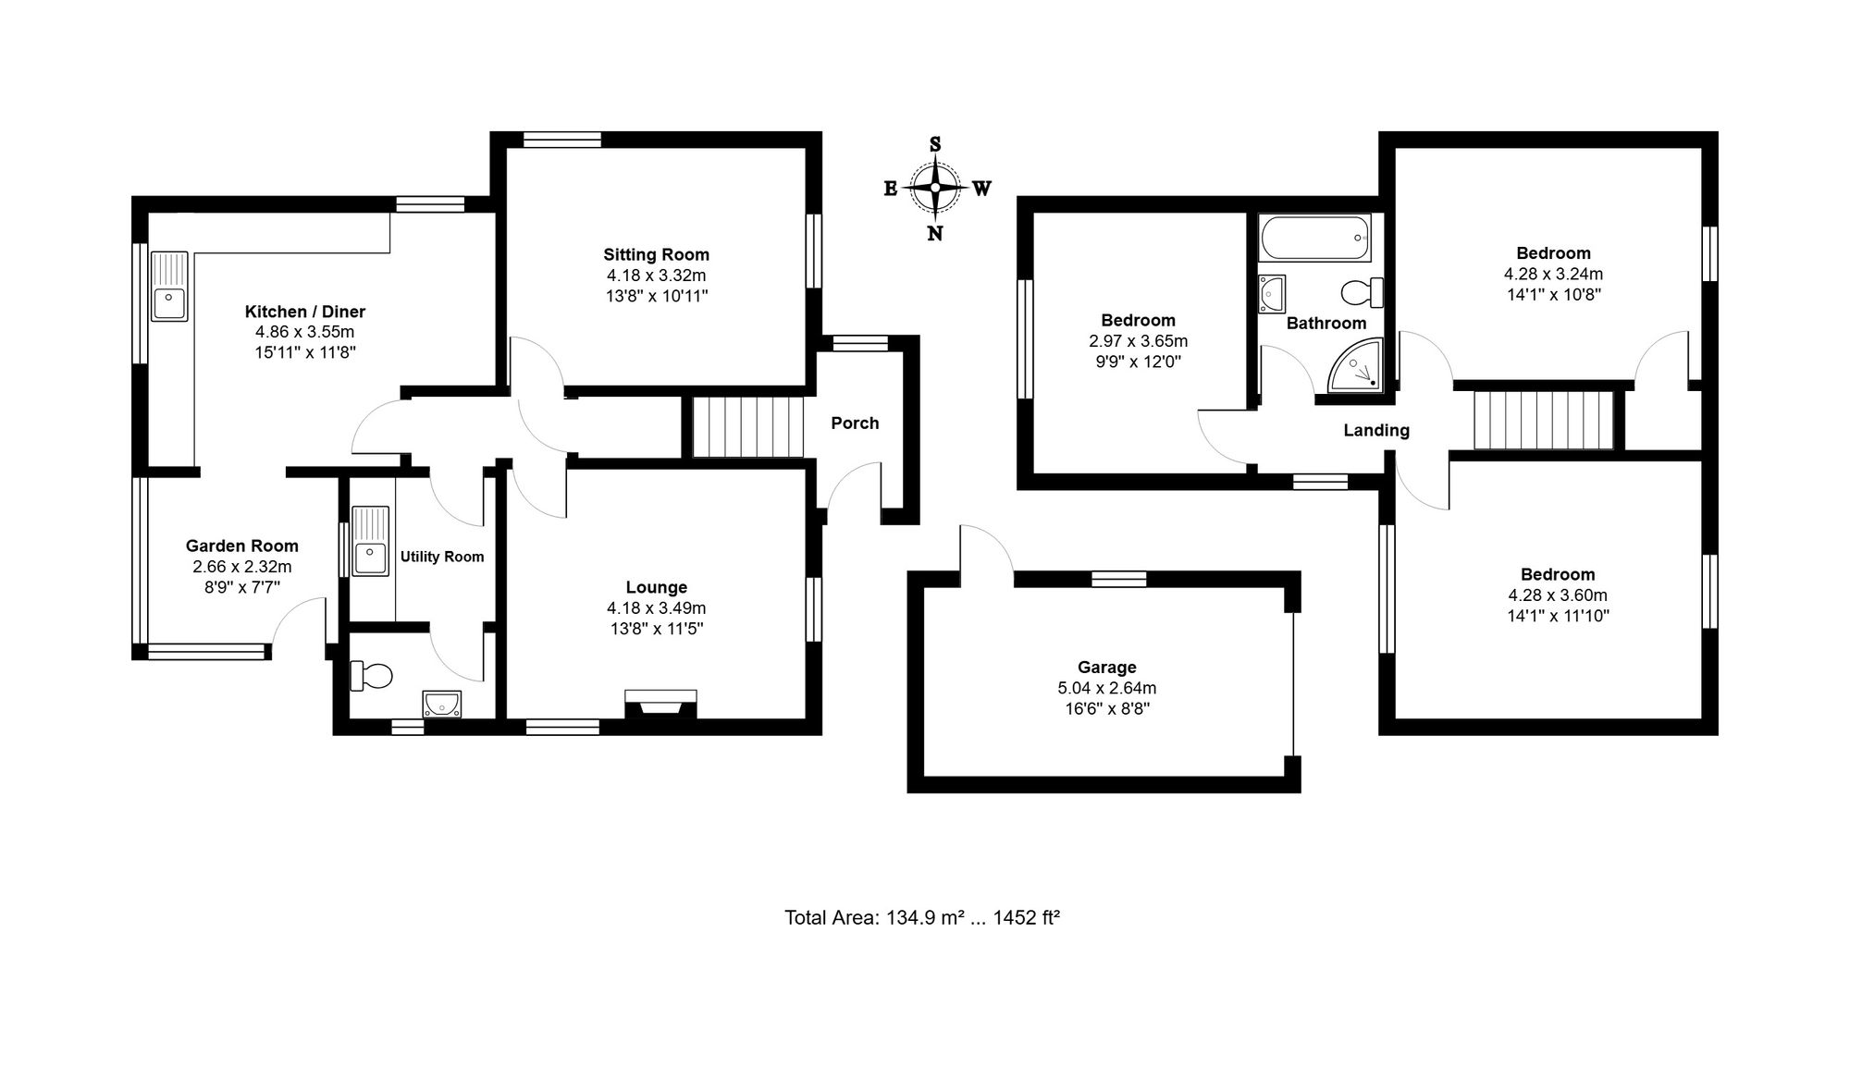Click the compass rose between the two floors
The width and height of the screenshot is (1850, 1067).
pyautogui.click(x=935, y=188)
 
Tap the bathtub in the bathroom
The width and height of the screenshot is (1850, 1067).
pyautogui.click(x=1314, y=239)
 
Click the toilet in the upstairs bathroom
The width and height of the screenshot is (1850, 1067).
pyautogui.click(x=1363, y=293)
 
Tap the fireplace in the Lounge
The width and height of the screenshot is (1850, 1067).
pyautogui.click(x=660, y=704)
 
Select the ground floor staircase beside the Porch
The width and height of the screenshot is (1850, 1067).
pyautogui.click(x=747, y=427)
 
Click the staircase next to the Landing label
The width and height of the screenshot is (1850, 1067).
pyautogui.click(x=1544, y=421)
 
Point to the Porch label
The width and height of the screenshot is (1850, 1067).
pyautogui.click(x=855, y=423)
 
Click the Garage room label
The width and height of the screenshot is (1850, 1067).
pyautogui.click(x=1107, y=667)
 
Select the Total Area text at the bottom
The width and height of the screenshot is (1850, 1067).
pyautogui.click(x=922, y=917)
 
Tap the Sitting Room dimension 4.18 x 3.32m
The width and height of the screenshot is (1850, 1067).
pyautogui.click(x=657, y=276)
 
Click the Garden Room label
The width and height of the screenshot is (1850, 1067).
pyautogui.click(x=242, y=546)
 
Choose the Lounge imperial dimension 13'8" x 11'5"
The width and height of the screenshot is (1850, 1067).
pyautogui.click(x=657, y=629)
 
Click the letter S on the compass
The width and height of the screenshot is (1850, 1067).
pyautogui.click(x=935, y=144)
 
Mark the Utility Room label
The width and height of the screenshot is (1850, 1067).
pyautogui.click(x=442, y=557)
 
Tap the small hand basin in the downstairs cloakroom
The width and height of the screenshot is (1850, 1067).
pyautogui.click(x=442, y=705)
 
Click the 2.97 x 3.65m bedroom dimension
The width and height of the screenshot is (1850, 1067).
pyautogui.click(x=1139, y=341)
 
